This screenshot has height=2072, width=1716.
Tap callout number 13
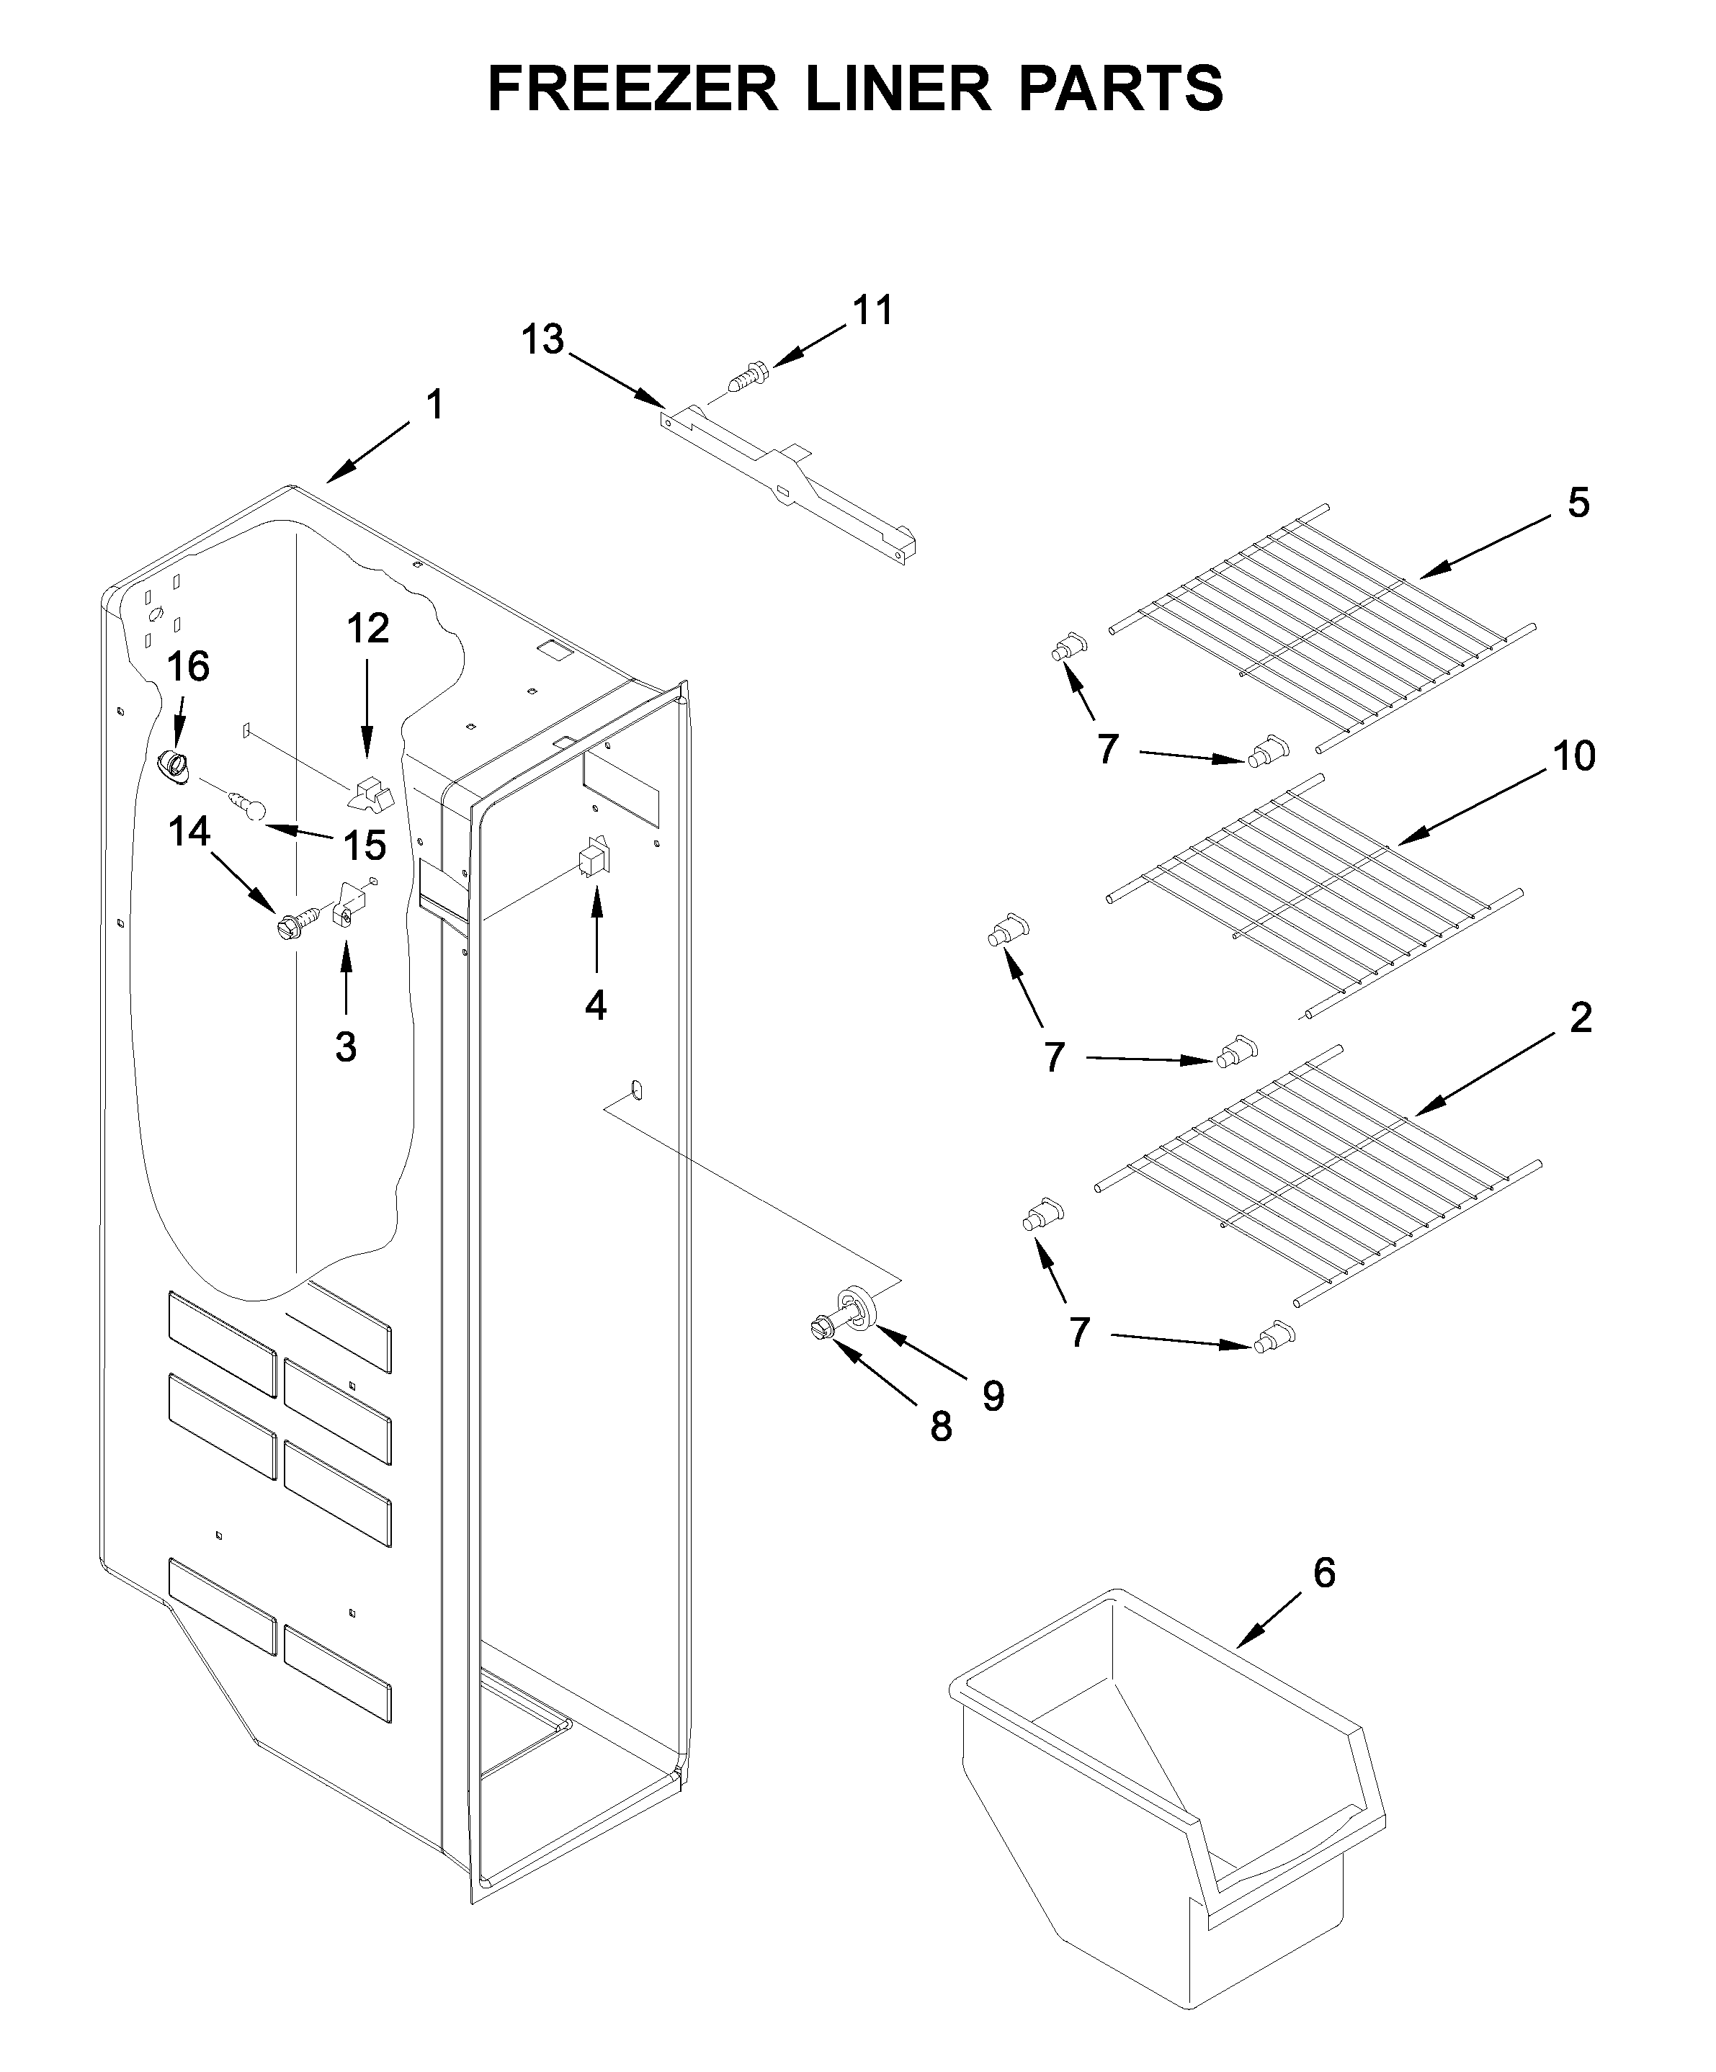pyautogui.click(x=542, y=339)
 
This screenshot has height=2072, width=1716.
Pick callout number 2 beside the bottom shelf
pyautogui.click(x=1581, y=1017)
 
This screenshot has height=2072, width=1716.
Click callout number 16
pyautogui.click(x=187, y=667)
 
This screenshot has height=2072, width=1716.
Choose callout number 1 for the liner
pyautogui.click(x=434, y=405)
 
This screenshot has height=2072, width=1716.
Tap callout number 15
pyautogui.click(x=363, y=846)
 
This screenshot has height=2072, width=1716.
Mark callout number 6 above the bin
pyautogui.click(x=1323, y=1573)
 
